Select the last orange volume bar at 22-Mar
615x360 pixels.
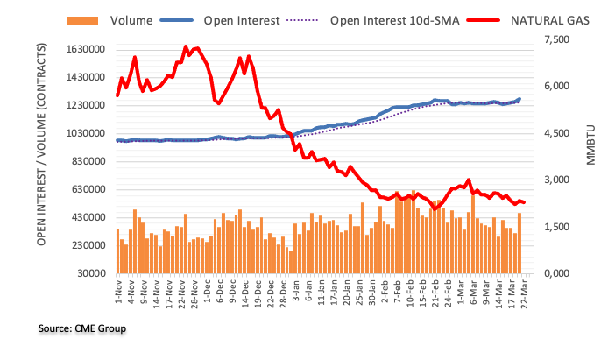pos(520,243)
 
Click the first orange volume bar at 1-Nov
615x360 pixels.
pos(117,251)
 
